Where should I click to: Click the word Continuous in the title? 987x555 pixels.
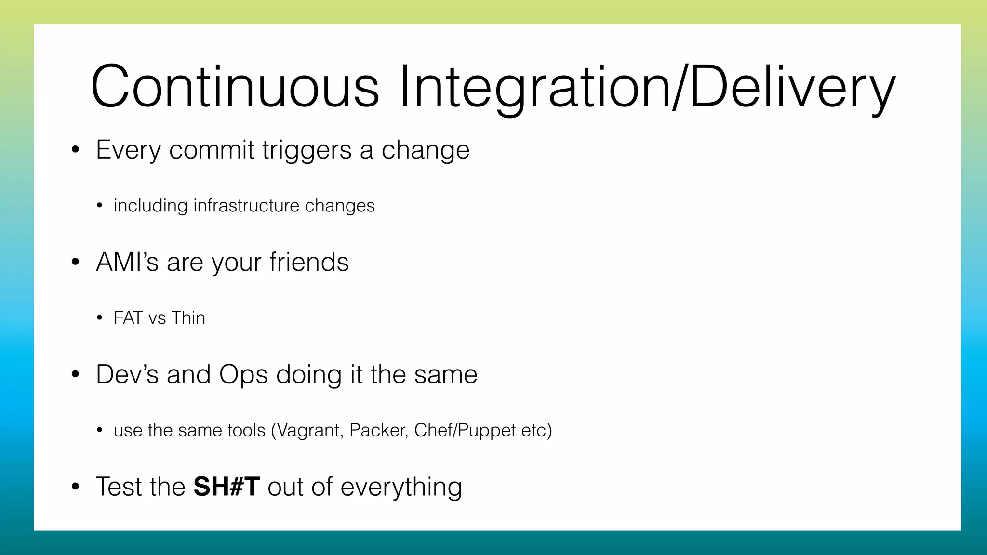pyautogui.click(x=235, y=87)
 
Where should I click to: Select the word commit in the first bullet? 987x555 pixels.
pyautogui.click(x=211, y=150)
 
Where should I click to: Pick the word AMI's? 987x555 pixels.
pyautogui.click(x=127, y=263)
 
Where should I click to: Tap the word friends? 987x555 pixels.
pyautogui.click(x=309, y=263)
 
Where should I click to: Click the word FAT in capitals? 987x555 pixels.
pyautogui.click(x=127, y=318)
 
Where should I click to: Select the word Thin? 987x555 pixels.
pyautogui.click(x=188, y=318)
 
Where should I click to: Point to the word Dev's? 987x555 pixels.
pyautogui.click(x=127, y=374)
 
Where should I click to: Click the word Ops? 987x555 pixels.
pyautogui.click(x=243, y=375)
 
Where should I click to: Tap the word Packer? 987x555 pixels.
pyautogui.click(x=379, y=430)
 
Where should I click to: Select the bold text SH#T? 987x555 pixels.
pyautogui.click(x=227, y=487)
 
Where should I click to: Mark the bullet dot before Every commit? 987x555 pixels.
pyautogui.click(x=75, y=150)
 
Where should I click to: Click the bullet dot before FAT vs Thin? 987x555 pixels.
pyautogui.click(x=99, y=318)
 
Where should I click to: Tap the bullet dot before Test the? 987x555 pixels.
pyautogui.click(x=75, y=487)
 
